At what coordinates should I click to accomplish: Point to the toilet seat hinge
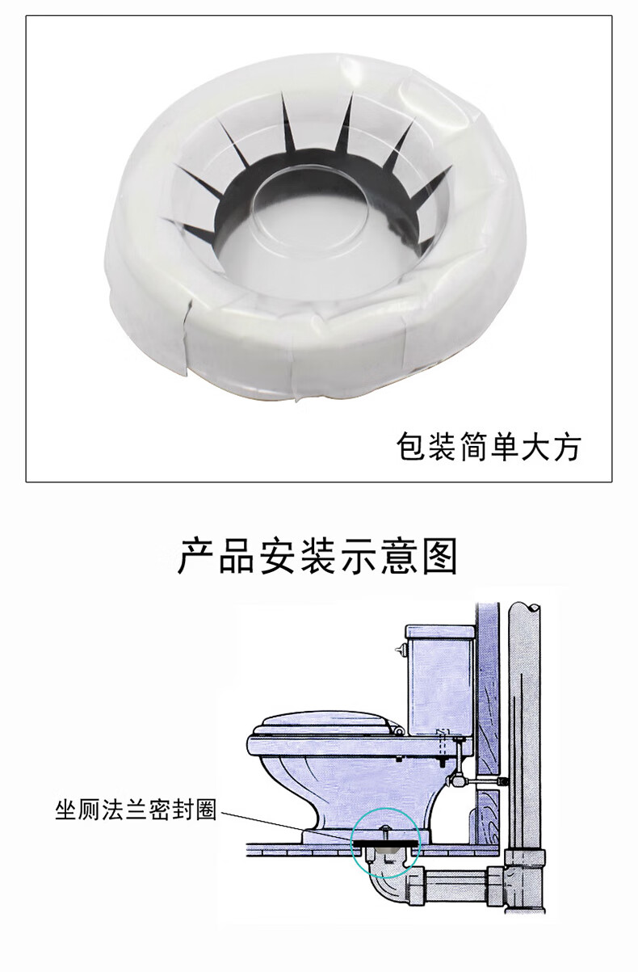coord(397,728)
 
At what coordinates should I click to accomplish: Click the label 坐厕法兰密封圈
coord(136,810)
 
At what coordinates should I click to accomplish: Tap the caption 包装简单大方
coord(489,446)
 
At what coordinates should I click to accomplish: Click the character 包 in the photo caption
coord(411,446)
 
